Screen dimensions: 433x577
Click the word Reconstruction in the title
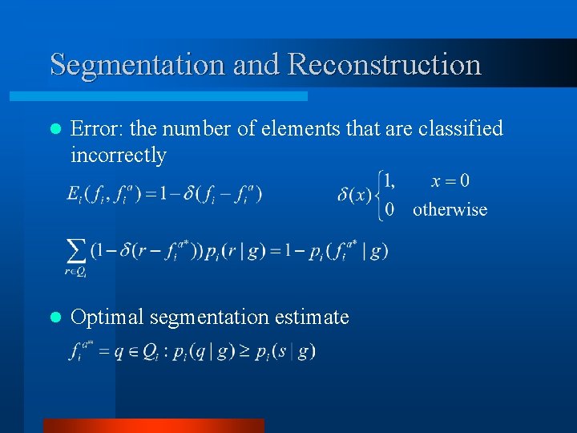point(384,64)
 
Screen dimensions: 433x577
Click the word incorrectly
point(118,155)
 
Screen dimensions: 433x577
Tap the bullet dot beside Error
point(54,129)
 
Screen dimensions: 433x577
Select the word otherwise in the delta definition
point(450,210)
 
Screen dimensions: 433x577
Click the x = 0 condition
point(450,181)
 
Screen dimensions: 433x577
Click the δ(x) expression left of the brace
point(354,195)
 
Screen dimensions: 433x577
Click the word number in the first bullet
point(195,128)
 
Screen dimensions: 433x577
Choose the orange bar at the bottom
point(153,425)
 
